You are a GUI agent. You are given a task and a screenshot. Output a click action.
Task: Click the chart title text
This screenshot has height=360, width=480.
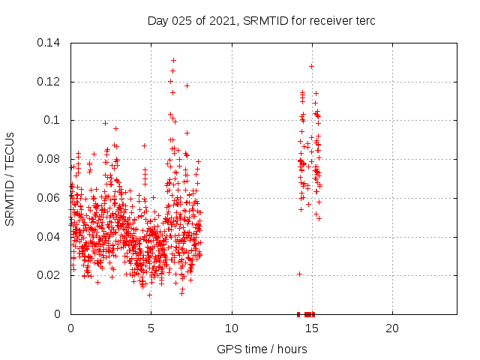click(261, 20)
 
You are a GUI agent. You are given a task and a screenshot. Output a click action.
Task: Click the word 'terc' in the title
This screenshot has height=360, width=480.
click(364, 20)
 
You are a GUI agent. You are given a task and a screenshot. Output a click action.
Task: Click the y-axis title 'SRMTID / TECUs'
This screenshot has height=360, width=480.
click(10, 178)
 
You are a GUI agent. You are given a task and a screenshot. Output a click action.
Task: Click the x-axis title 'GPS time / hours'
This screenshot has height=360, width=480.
click(262, 349)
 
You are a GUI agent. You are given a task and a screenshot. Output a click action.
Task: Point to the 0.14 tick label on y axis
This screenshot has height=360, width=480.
click(49, 42)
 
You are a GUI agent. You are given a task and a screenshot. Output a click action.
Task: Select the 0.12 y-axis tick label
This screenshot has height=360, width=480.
click(49, 81)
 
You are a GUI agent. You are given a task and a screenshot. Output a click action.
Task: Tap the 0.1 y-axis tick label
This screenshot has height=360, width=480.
click(54, 120)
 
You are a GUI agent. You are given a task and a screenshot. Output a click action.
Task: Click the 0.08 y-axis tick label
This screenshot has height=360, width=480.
click(49, 159)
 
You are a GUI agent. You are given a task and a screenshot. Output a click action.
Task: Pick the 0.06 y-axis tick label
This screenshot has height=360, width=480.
click(49, 198)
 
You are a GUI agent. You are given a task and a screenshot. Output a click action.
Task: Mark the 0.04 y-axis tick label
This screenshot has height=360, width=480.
click(49, 237)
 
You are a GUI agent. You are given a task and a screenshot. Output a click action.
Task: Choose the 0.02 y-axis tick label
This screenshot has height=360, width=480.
click(49, 275)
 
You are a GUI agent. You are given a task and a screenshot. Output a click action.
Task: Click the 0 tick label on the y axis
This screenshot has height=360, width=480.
click(60, 314)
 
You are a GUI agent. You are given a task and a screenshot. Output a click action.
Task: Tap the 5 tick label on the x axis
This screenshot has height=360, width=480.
click(151, 328)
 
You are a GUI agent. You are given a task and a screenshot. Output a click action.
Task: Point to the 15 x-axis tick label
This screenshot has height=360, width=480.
click(312, 328)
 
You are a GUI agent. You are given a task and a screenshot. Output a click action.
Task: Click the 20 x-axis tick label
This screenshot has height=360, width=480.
click(392, 328)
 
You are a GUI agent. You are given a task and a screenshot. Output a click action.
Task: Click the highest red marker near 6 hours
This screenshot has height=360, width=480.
click(173, 60)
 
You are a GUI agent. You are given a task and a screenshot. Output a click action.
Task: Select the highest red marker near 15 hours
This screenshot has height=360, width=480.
click(311, 66)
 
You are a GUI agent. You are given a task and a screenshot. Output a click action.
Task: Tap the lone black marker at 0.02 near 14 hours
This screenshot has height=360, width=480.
click(299, 274)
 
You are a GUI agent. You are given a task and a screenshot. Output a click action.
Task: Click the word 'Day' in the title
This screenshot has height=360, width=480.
click(157, 20)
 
